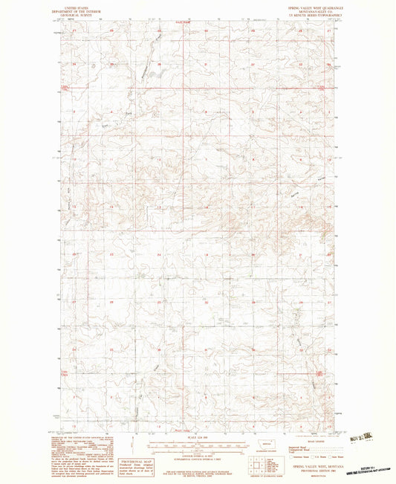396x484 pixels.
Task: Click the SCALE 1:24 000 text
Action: [x=198, y=436]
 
